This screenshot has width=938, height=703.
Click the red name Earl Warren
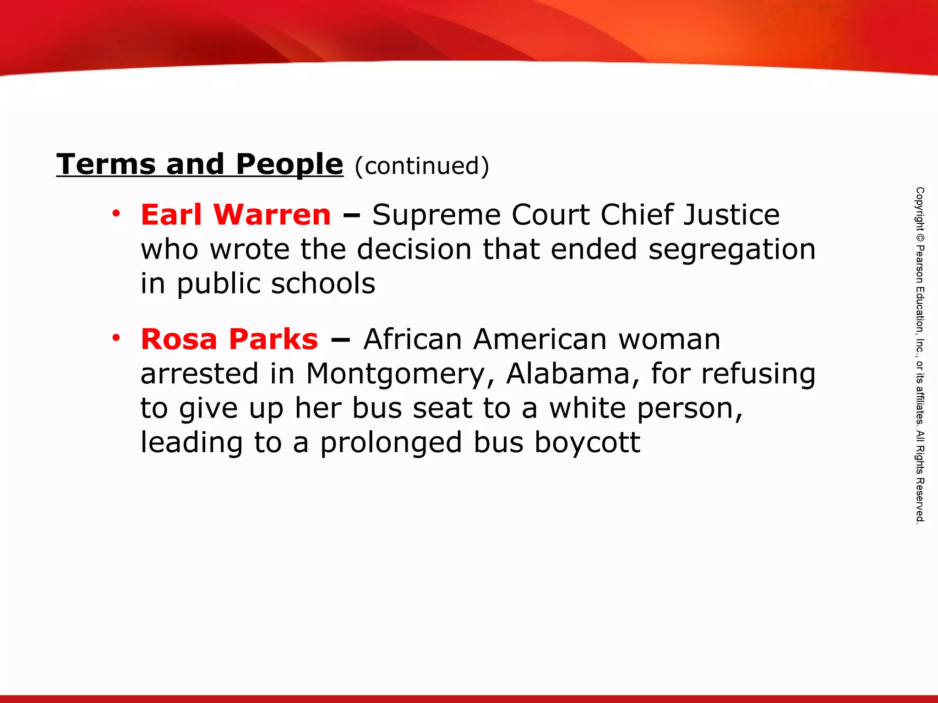click(235, 215)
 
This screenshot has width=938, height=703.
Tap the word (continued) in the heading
click(422, 166)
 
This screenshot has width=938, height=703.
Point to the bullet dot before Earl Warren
click(116, 213)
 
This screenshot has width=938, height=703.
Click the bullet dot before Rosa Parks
click(116, 338)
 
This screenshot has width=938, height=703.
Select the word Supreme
click(436, 215)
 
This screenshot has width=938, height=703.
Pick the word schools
click(323, 283)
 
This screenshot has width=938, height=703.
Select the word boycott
click(587, 443)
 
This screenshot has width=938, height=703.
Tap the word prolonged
click(391, 443)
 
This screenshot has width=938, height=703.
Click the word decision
click(414, 249)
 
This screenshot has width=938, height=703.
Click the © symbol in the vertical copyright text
click(920, 238)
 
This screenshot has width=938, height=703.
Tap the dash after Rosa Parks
click(340, 340)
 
